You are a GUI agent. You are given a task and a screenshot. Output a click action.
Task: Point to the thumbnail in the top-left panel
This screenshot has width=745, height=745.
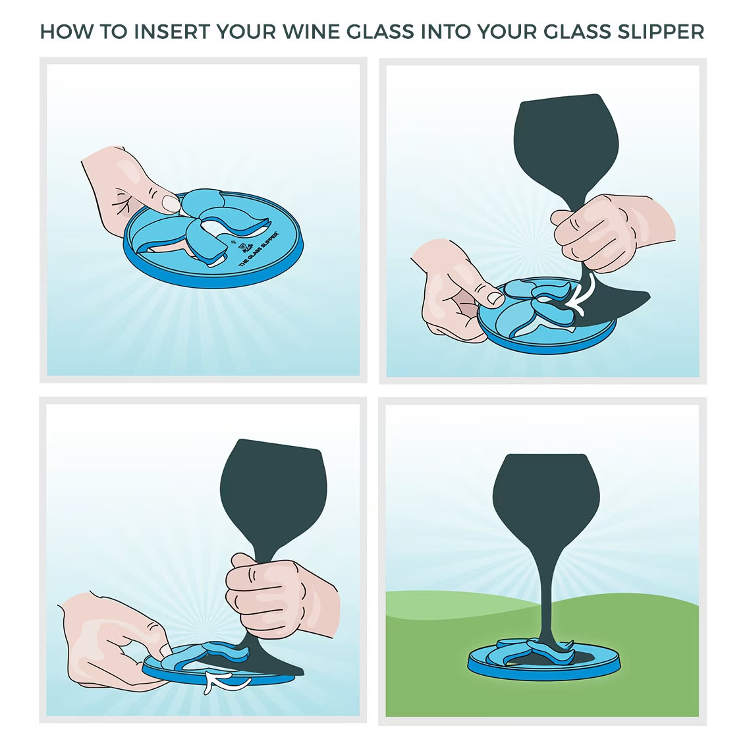(x=171, y=203)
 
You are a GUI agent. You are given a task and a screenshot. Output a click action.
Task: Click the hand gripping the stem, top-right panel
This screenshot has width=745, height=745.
(x=599, y=231)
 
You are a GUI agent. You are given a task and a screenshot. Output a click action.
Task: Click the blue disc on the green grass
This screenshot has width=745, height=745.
(x=544, y=665)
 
